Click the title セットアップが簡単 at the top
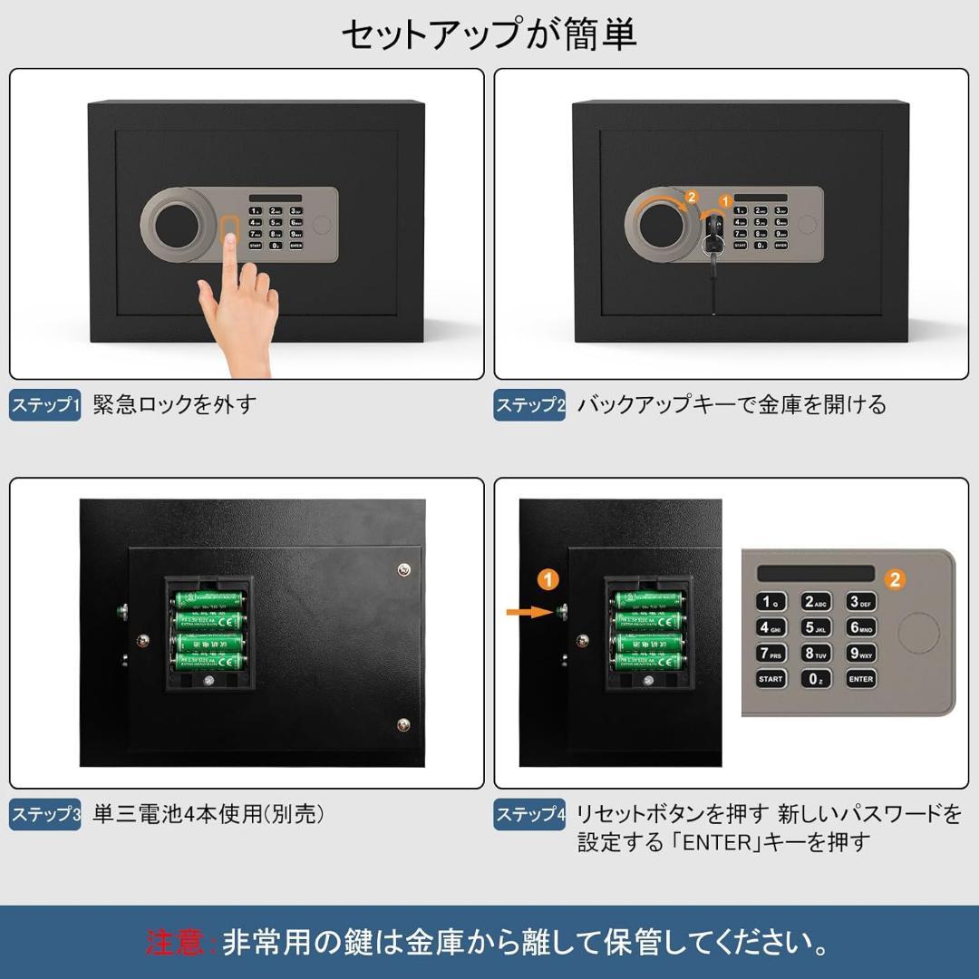tap(489, 34)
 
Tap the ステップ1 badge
tap(45, 404)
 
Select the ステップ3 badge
tap(45, 814)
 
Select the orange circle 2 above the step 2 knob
tap(692, 197)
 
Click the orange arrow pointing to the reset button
tap(530, 613)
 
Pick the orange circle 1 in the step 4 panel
tap(548, 578)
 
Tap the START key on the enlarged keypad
tap(771, 678)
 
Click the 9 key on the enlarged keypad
tap(861, 653)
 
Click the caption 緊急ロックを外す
tap(175, 404)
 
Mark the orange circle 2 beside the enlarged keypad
tap(895, 579)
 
